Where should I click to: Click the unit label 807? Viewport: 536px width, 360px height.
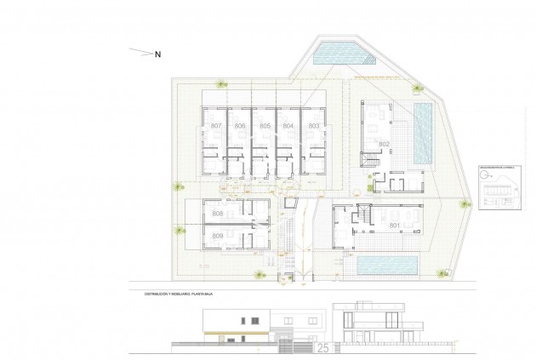[x=216, y=126]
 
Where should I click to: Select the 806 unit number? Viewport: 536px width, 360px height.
[x=240, y=126]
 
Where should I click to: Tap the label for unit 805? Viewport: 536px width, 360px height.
[x=265, y=126]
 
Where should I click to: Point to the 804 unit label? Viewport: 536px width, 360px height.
[x=288, y=126]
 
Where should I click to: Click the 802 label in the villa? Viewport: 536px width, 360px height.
[x=384, y=145]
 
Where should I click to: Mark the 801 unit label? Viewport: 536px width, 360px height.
[x=394, y=226]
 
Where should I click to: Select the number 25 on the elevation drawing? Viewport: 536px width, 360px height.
[x=323, y=347]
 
